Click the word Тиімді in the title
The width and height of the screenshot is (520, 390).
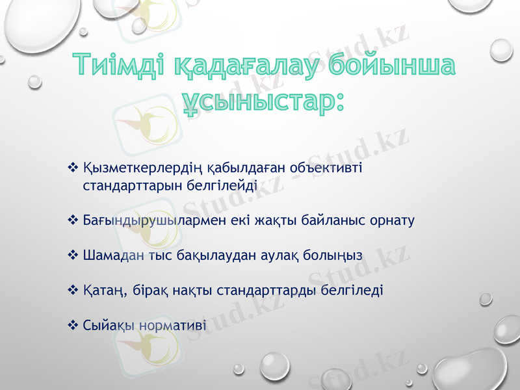tap(118, 67)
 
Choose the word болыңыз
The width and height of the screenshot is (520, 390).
tap(335, 255)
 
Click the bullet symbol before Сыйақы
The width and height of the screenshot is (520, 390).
tap(72, 324)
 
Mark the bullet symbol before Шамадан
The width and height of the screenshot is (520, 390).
tap(72, 255)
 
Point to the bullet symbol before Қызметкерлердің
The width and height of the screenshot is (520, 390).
tap(72, 168)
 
